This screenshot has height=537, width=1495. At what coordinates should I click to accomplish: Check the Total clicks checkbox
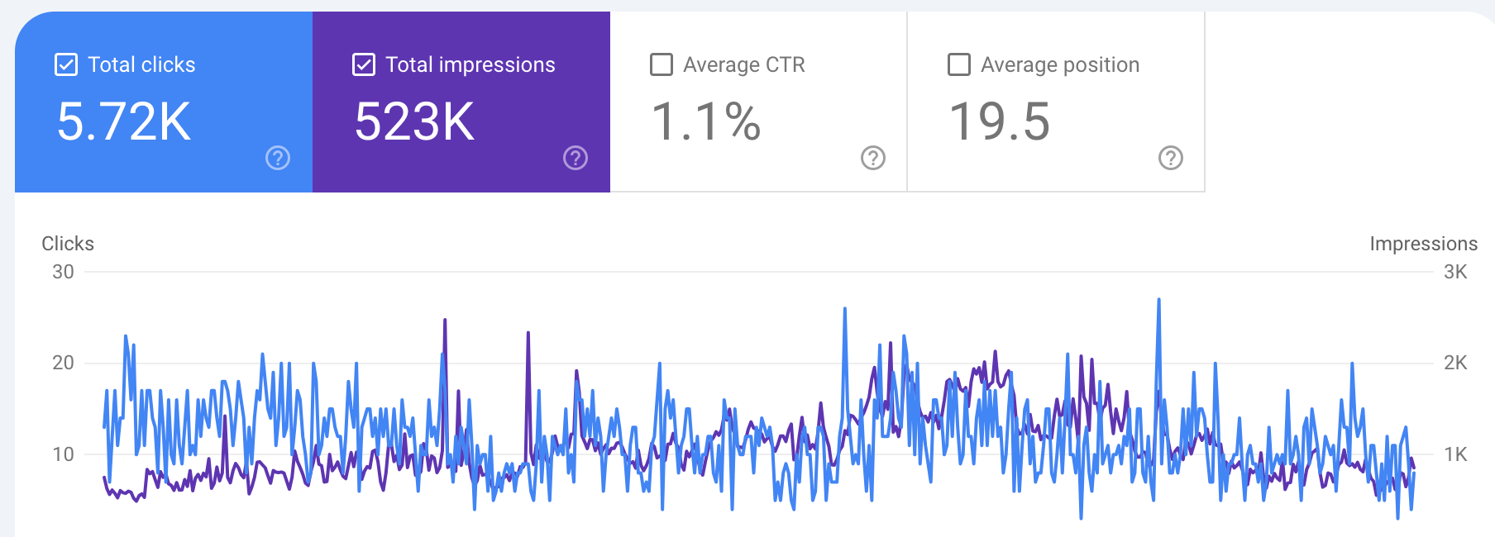(66, 64)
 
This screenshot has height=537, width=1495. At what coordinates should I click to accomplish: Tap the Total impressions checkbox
(364, 64)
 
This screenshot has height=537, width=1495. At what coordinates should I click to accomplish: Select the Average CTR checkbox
(662, 64)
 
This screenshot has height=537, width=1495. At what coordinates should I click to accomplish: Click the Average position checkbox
(959, 64)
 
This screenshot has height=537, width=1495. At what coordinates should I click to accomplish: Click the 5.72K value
(124, 121)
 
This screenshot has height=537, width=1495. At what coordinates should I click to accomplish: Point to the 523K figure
(414, 121)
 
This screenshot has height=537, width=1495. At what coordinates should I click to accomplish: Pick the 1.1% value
(705, 121)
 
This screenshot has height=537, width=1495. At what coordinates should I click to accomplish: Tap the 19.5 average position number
(999, 121)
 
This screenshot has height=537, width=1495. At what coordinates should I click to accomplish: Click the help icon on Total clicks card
(278, 158)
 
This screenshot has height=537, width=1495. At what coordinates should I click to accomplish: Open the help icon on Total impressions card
(576, 158)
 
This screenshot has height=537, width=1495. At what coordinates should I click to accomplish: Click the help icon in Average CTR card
(873, 158)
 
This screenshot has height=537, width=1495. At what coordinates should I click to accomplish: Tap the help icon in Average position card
(1171, 158)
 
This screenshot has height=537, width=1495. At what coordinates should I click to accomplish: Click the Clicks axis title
(68, 244)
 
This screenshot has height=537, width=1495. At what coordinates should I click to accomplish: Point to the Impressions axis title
(1423, 244)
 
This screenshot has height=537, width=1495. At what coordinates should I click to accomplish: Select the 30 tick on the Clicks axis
(63, 272)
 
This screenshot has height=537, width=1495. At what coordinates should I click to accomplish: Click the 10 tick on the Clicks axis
(63, 454)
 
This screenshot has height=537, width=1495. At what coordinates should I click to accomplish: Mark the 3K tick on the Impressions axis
(1455, 272)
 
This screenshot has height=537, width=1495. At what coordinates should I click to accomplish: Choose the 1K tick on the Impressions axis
(1455, 454)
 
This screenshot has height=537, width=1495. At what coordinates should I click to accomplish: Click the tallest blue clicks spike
(1158, 301)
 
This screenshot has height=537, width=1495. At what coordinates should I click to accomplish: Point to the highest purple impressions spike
(445, 321)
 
